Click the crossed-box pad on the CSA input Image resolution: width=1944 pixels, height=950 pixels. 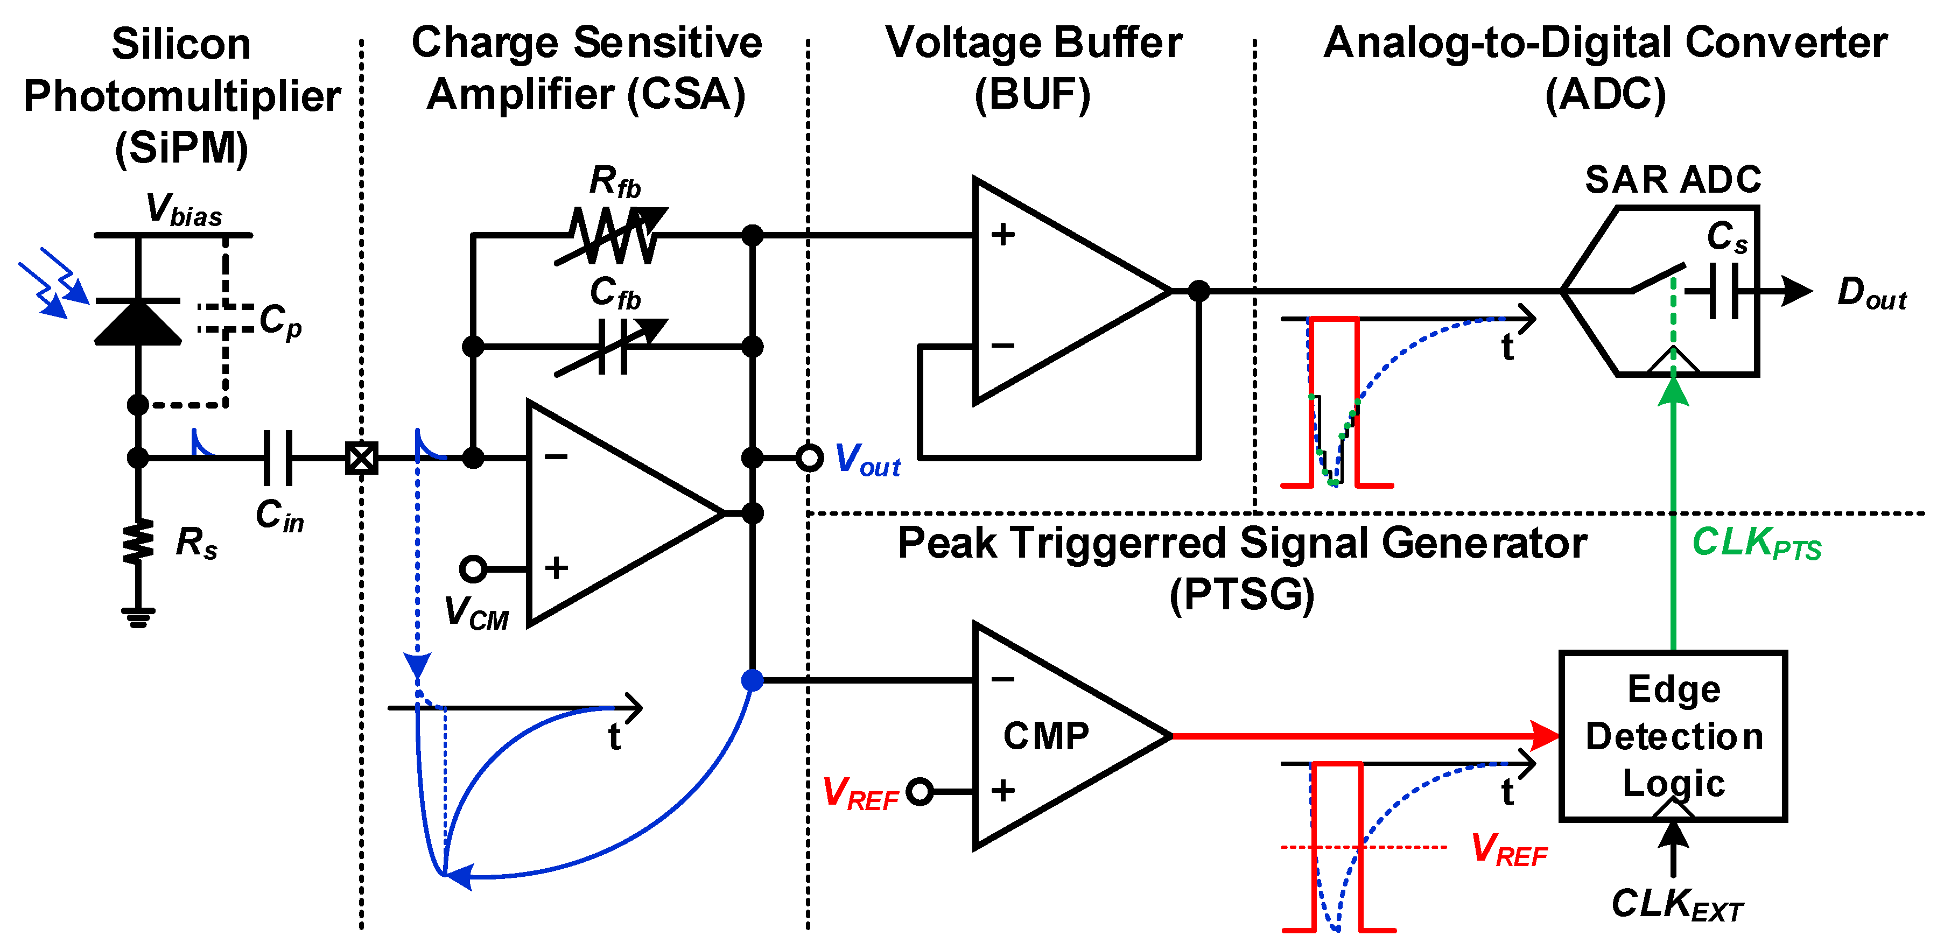coord(361,458)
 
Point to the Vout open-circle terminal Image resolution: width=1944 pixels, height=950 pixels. coord(809,458)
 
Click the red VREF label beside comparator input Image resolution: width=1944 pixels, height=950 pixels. coord(860,794)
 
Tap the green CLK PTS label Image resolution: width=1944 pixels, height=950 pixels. coord(1756,543)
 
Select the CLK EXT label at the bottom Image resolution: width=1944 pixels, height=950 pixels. coord(1677,904)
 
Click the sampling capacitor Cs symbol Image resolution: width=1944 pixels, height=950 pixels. coord(1724,291)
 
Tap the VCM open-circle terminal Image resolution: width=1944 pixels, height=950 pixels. coord(473,568)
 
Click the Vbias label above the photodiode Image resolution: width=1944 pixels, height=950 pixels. coord(184,210)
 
